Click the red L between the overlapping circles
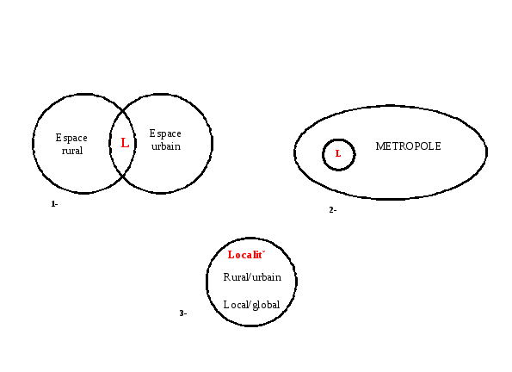[x=125, y=143]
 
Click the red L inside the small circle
[x=338, y=153]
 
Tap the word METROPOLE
[x=408, y=146]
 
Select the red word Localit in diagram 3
[x=246, y=255]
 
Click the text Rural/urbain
[x=252, y=277]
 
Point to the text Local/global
[x=251, y=305]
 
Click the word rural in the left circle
[x=72, y=151]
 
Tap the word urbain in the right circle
[x=166, y=146]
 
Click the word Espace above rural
[x=71, y=138]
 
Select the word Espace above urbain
[x=165, y=133]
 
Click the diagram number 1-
[x=54, y=204]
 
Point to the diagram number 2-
[x=333, y=210]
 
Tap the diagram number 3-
[x=183, y=313]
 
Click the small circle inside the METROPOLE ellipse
[x=339, y=139]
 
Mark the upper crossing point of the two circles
[x=123, y=111]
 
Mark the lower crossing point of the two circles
[x=123, y=177]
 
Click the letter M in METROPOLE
[x=379, y=146]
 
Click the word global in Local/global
[x=266, y=305]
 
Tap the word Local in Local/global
[x=236, y=305]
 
